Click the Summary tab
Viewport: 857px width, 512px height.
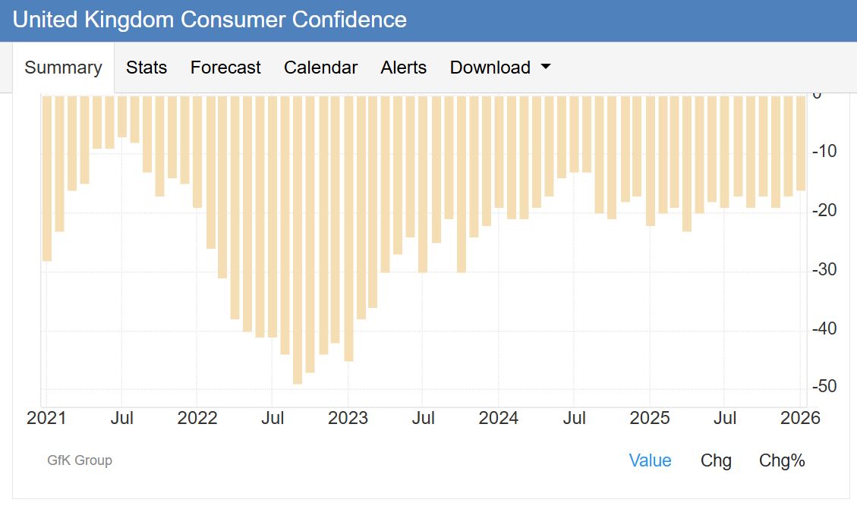[x=63, y=68]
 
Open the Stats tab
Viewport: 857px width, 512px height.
[x=147, y=68]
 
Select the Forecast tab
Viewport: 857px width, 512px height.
[x=225, y=68]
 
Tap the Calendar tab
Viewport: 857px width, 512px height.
[x=320, y=68]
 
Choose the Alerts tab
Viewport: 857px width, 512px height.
[x=404, y=68]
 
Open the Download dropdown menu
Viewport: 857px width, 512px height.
[x=499, y=68]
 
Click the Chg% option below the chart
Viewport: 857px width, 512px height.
[x=782, y=460]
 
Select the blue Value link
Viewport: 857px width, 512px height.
[x=651, y=460]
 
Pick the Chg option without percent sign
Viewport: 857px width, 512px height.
[x=716, y=460]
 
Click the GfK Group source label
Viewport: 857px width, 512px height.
[x=80, y=460]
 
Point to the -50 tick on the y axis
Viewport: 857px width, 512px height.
[x=824, y=387]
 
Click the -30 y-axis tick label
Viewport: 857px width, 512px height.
[x=824, y=270]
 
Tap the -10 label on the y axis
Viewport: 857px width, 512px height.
[x=824, y=152]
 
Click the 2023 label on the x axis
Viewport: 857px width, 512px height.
[x=348, y=418]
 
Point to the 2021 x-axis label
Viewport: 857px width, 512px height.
[x=46, y=418]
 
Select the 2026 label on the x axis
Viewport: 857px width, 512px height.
[x=801, y=418]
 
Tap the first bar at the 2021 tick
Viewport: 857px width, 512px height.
[x=47, y=178]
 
